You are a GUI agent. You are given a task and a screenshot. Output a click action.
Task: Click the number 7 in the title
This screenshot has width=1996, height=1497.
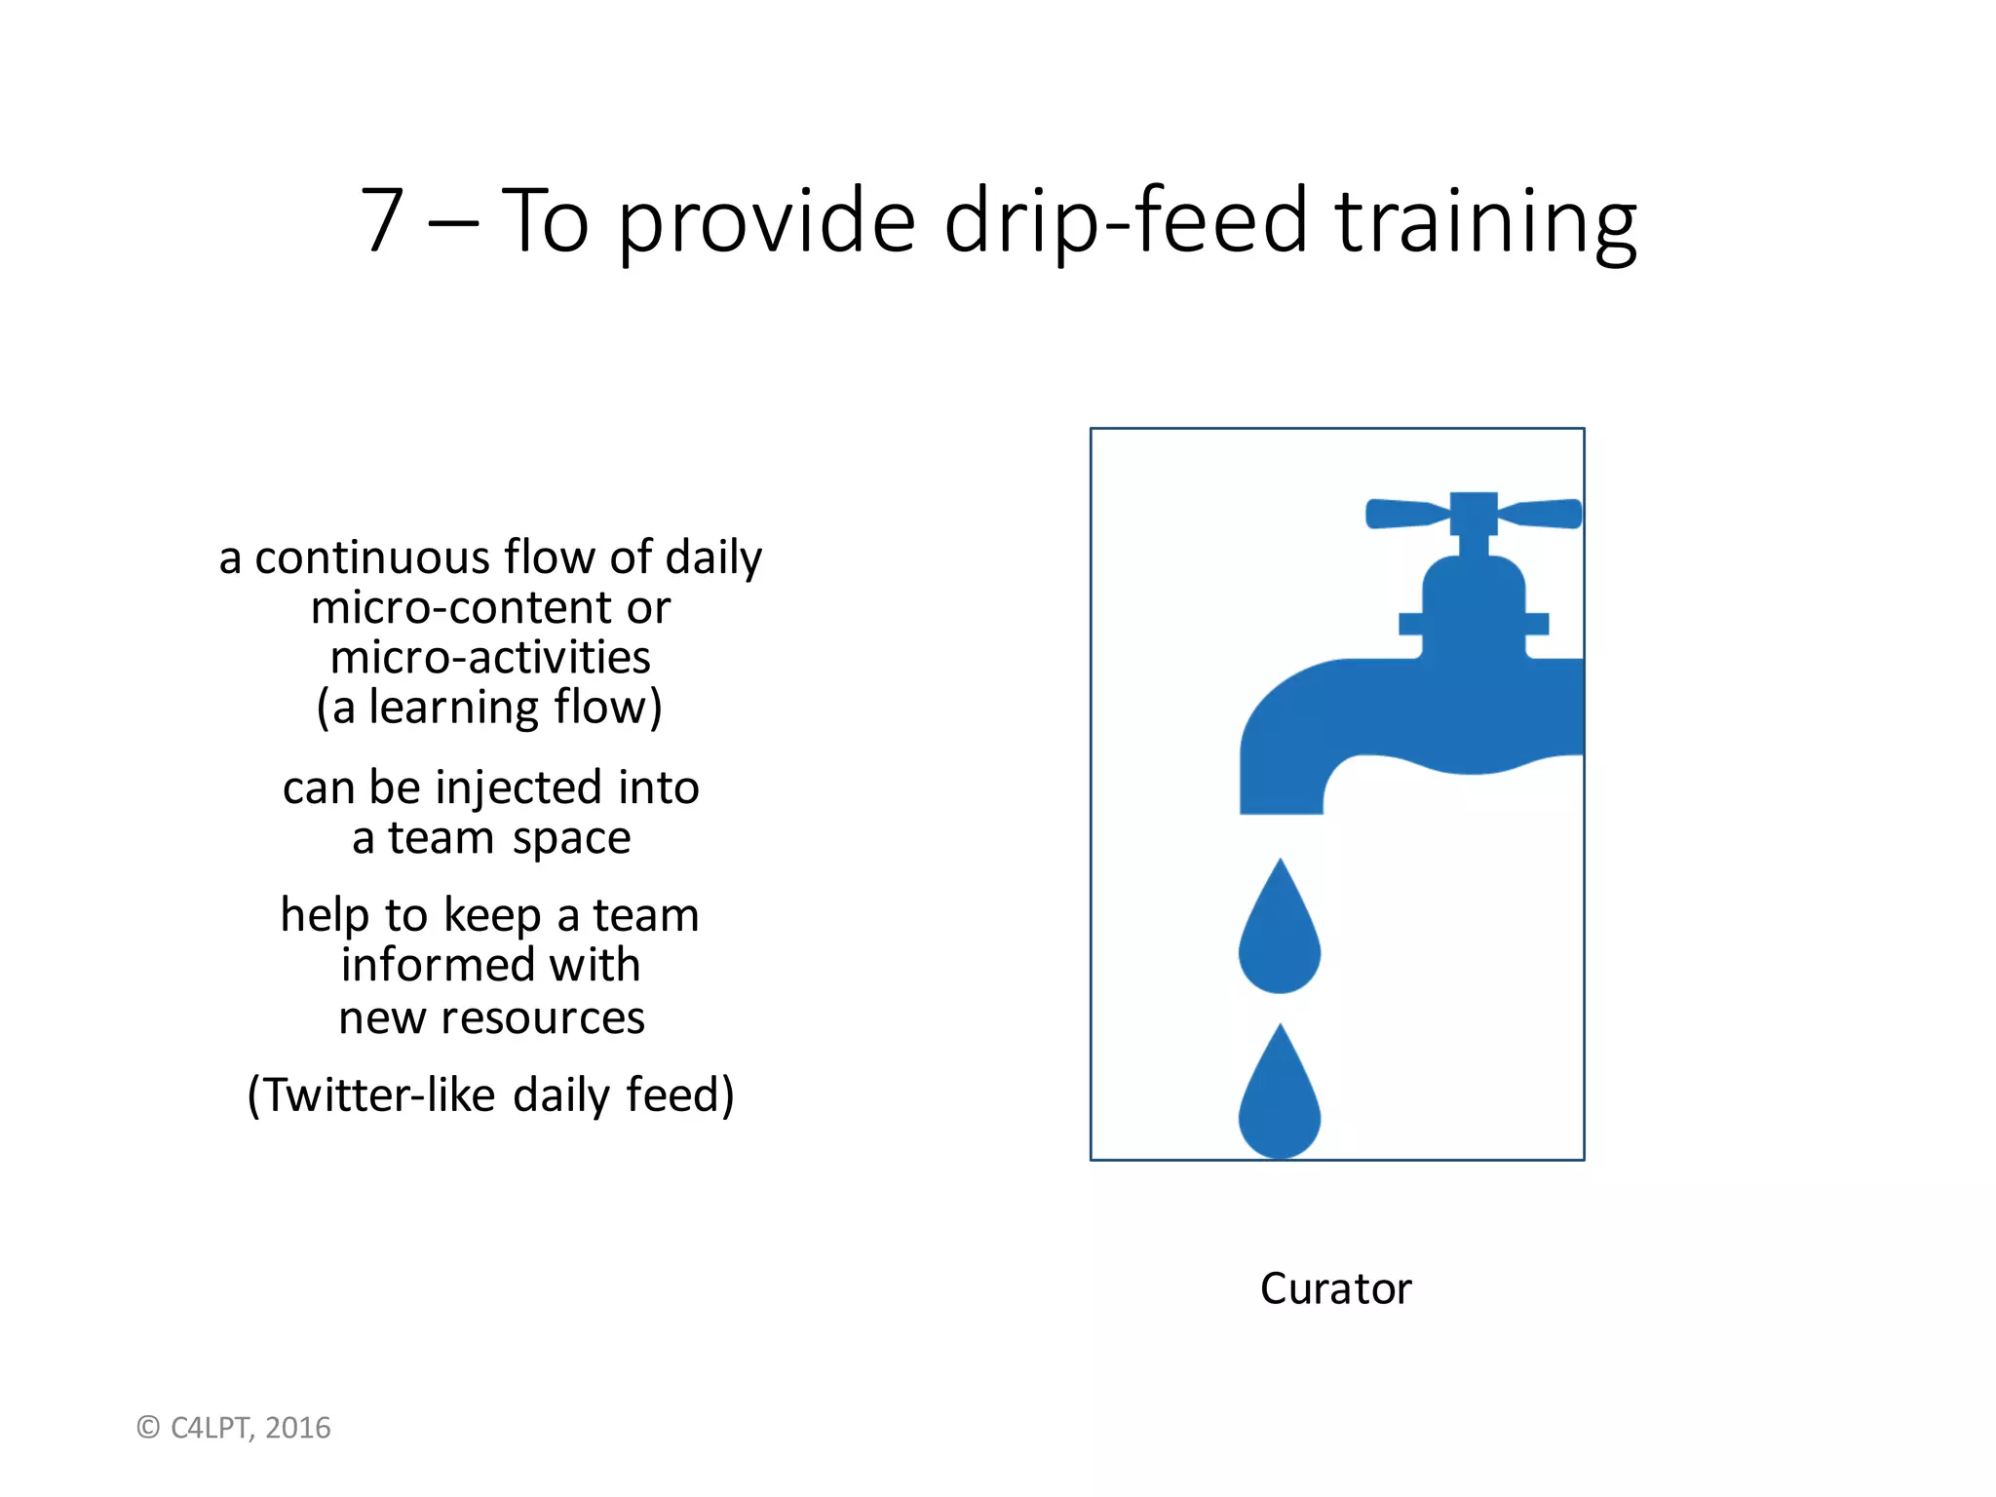click(x=382, y=222)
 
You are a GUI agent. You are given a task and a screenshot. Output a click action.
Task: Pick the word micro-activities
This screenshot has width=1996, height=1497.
click(x=490, y=658)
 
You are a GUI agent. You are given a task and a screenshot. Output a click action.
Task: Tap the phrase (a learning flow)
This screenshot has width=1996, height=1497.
click(x=490, y=709)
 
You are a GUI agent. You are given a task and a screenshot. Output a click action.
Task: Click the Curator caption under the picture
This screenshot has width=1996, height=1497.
click(x=1335, y=1289)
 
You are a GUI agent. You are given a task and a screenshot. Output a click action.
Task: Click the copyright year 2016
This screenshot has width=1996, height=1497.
click(x=298, y=1428)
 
